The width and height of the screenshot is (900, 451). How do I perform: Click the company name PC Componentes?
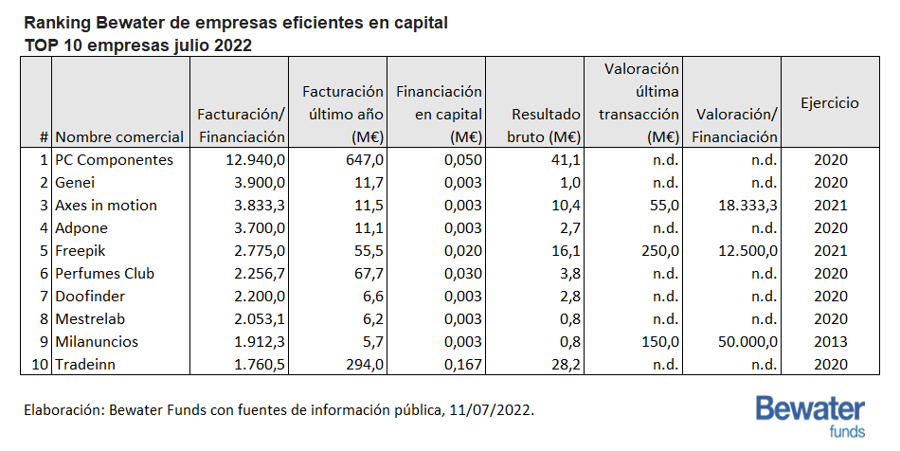pos(114,159)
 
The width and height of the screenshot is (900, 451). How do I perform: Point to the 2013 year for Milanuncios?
pos(830,341)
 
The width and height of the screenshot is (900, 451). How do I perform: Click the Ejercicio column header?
pos(829,103)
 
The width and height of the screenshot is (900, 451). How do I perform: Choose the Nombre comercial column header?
pos(119,137)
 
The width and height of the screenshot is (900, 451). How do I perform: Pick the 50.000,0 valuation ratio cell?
pos(747,341)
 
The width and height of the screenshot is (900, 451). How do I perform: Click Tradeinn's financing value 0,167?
pos(462,365)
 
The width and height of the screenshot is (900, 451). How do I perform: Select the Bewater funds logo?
pos(810,416)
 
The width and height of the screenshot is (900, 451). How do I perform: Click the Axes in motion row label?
pos(105,206)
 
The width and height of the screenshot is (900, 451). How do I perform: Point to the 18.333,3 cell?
pos(747,206)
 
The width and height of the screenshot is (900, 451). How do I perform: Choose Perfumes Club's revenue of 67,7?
pos(369,273)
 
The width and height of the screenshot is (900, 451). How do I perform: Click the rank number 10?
pos(40,365)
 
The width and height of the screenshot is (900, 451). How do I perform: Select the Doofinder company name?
pos(90,296)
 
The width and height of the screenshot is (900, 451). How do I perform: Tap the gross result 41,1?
pos(566,159)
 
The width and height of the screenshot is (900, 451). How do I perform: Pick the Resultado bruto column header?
pos(544,126)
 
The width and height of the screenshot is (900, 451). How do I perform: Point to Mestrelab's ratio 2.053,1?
pos(259,319)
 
